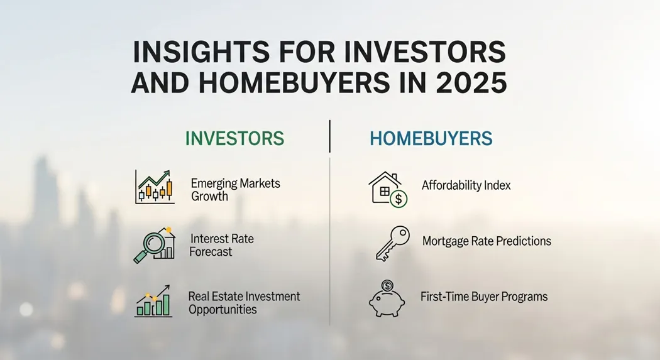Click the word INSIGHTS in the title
pyautogui.click(x=201, y=52)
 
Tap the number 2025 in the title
pyautogui.click(x=471, y=83)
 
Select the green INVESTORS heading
pyautogui.click(x=234, y=138)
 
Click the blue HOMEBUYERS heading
pyautogui.click(x=431, y=138)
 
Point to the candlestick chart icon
pyautogui.click(x=155, y=187)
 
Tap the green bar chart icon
pyautogui.click(x=153, y=301)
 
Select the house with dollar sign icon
pyautogui.click(x=388, y=189)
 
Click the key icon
pyautogui.click(x=392, y=244)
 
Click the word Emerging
pyautogui.click(x=214, y=184)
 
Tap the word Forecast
pyautogui.click(x=211, y=252)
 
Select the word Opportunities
pyautogui.click(x=223, y=310)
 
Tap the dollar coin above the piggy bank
pyautogui.click(x=387, y=286)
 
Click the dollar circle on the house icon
pyautogui.click(x=399, y=199)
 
